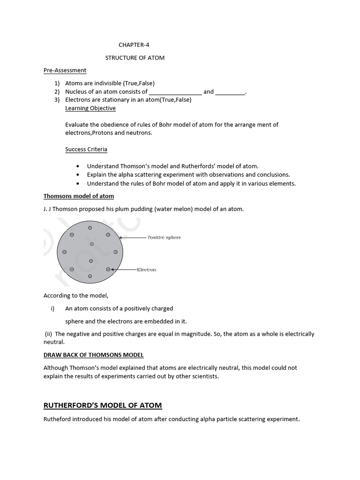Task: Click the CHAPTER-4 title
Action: (134, 45)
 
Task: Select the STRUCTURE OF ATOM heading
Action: (135, 58)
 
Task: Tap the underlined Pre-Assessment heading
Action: (65, 70)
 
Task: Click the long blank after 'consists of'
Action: (175, 92)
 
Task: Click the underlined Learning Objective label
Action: (90, 108)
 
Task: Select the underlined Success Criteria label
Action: (86, 150)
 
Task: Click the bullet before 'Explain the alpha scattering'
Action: (77, 175)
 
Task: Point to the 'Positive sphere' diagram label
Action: (164, 237)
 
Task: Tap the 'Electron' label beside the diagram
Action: (146, 270)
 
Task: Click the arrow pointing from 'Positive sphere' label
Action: (133, 238)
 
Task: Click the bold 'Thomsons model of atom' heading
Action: (79, 196)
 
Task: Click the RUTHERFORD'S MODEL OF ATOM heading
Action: (103, 405)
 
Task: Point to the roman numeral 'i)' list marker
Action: (52, 308)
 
